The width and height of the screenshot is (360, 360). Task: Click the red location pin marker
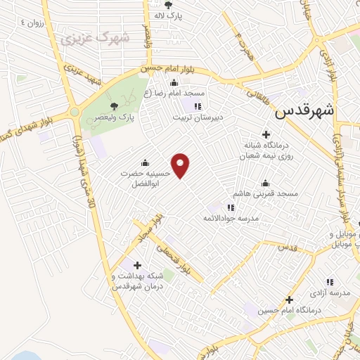pyautogui.click(x=181, y=165)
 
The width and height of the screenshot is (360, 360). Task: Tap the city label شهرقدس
pyautogui.click(x=304, y=110)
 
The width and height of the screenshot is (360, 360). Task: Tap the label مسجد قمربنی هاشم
pyautogui.click(x=267, y=193)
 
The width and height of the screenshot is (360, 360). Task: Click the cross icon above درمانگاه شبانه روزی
pyautogui.click(x=266, y=134)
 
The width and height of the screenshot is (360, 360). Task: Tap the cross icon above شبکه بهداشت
pyautogui.click(x=136, y=265)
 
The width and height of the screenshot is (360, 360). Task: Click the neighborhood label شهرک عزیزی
pyautogui.click(x=96, y=37)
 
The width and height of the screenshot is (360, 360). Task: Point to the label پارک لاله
pyautogui.click(x=168, y=15)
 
